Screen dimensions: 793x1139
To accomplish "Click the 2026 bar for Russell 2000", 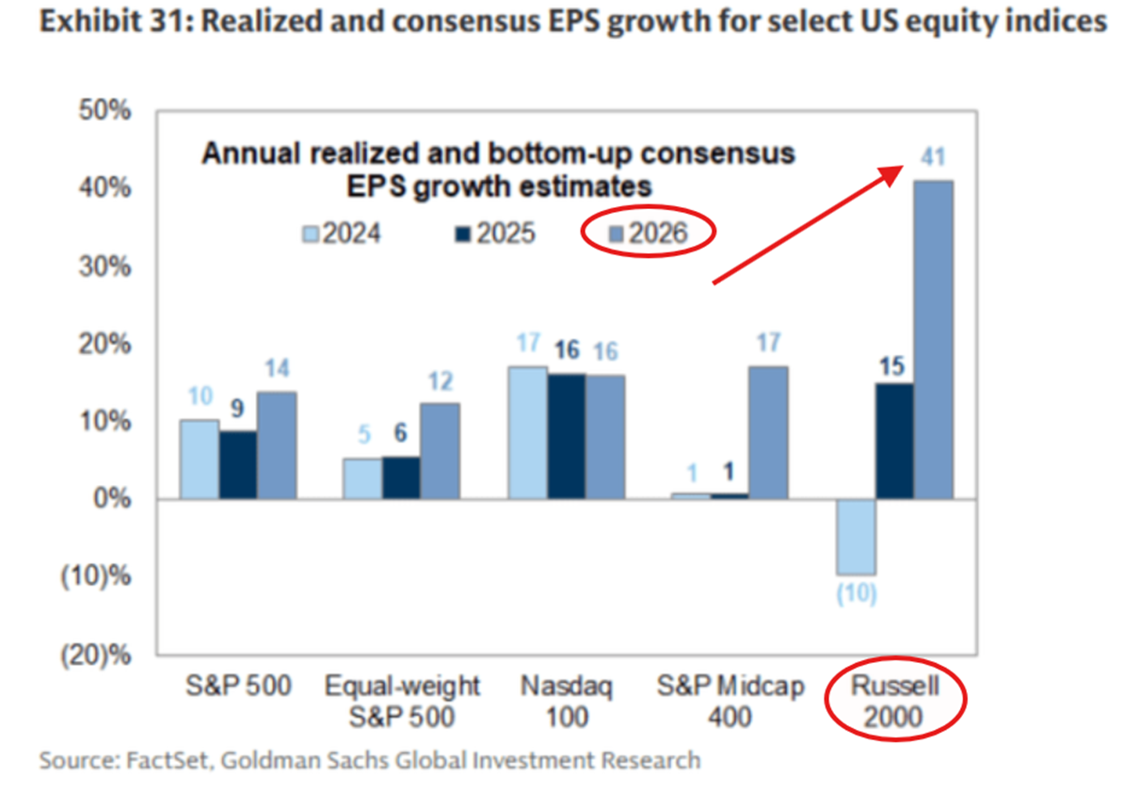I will (933, 339).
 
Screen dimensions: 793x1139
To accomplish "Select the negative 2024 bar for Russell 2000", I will (856, 536).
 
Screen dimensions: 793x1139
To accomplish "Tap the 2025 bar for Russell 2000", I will (894, 440).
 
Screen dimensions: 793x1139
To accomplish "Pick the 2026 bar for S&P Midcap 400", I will (769, 432).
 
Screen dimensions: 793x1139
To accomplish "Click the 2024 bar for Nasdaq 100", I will (528, 432).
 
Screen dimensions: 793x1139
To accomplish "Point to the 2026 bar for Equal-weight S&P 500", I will (440, 450).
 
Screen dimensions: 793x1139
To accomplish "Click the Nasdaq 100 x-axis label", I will (567, 703).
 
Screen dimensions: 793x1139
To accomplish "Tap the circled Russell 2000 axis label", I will (895, 703).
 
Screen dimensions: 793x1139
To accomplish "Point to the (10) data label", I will (856, 595).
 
